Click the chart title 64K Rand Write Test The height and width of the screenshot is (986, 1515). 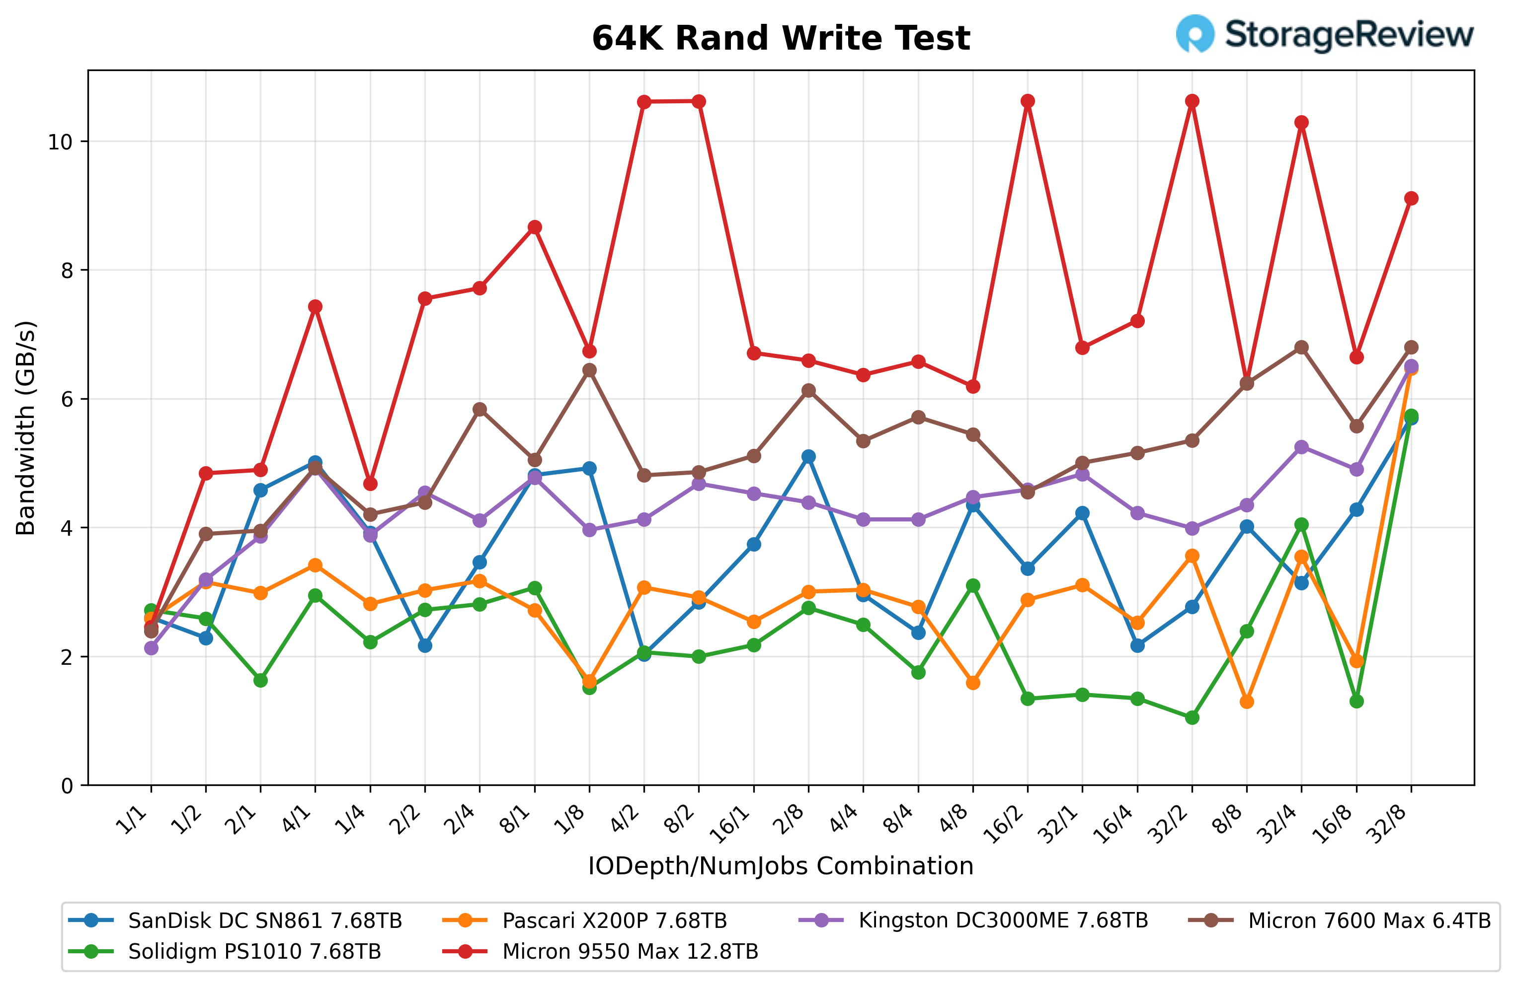tap(781, 38)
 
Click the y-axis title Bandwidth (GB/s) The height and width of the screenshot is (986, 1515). tap(25, 427)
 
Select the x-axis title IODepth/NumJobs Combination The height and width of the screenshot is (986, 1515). tap(781, 866)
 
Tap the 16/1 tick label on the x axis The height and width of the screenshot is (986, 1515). tap(731, 826)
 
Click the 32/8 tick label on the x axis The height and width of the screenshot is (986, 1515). tap(1388, 826)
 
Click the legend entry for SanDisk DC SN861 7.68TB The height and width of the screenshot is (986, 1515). tap(265, 920)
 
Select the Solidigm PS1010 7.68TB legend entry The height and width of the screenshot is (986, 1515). tap(254, 951)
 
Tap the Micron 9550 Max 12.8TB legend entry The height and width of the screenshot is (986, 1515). tap(630, 951)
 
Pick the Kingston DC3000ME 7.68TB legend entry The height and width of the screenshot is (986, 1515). tap(1003, 920)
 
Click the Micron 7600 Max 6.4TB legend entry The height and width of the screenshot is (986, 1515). tap(1368, 920)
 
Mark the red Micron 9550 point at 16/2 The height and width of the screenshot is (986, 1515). tap(1028, 101)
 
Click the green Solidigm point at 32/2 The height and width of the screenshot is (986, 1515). tap(1192, 717)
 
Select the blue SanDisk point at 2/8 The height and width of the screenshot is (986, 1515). tap(808, 457)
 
